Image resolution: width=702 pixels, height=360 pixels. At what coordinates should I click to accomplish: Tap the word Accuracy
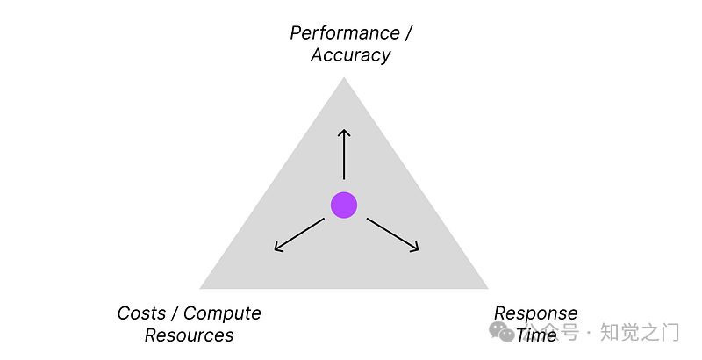(x=350, y=55)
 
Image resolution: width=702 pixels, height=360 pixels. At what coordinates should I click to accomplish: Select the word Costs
(x=141, y=313)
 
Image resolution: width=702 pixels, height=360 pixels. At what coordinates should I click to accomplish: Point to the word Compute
(x=222, y=313)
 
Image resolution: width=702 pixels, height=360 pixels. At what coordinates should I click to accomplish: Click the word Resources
(x=189, y=335)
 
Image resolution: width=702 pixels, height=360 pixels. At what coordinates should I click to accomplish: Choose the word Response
(x=535, y=313)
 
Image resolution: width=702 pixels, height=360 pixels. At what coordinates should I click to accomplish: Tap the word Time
(x=536, y=335)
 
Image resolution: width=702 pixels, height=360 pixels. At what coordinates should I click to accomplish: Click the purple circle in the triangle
(x=344, y=205)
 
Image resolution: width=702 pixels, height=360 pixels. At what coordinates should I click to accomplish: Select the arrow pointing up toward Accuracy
(x=344, y=154)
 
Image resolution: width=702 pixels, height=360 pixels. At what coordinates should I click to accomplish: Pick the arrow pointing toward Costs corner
(x=299, y=234)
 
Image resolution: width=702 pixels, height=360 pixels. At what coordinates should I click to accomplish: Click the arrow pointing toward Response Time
(x=392, y=234)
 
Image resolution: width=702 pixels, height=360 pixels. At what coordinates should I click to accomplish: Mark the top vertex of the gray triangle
(x=344, y=78)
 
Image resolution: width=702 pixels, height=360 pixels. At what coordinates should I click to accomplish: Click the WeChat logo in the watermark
(x=504, y=332)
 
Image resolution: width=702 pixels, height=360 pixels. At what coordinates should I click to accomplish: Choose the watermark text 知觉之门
(x=640, y=333)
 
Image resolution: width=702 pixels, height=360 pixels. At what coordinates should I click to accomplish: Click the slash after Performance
(x=406, y=33)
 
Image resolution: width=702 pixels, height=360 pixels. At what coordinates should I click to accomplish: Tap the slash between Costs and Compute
(x=175, y=313)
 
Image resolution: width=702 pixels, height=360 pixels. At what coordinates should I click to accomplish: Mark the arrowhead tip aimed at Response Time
(x=419, y=251)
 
